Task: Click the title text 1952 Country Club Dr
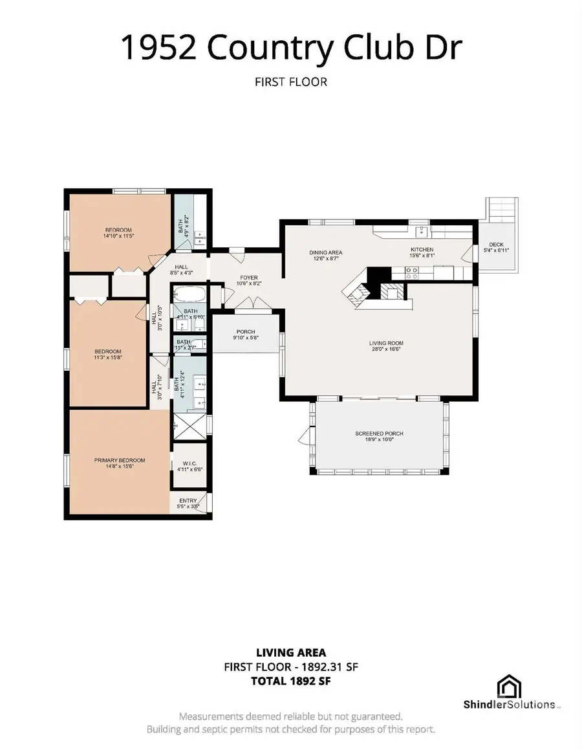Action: tap(292, 49)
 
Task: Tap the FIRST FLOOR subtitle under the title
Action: tap(292, 82)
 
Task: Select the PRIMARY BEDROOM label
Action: tap(120, 460)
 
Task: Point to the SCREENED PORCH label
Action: tap(379, 434)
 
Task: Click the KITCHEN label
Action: tap(422, 249)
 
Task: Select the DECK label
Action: tap(497, 245)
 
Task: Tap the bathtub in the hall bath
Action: tap(189, 296)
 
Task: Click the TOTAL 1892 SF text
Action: tap(292, 680)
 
